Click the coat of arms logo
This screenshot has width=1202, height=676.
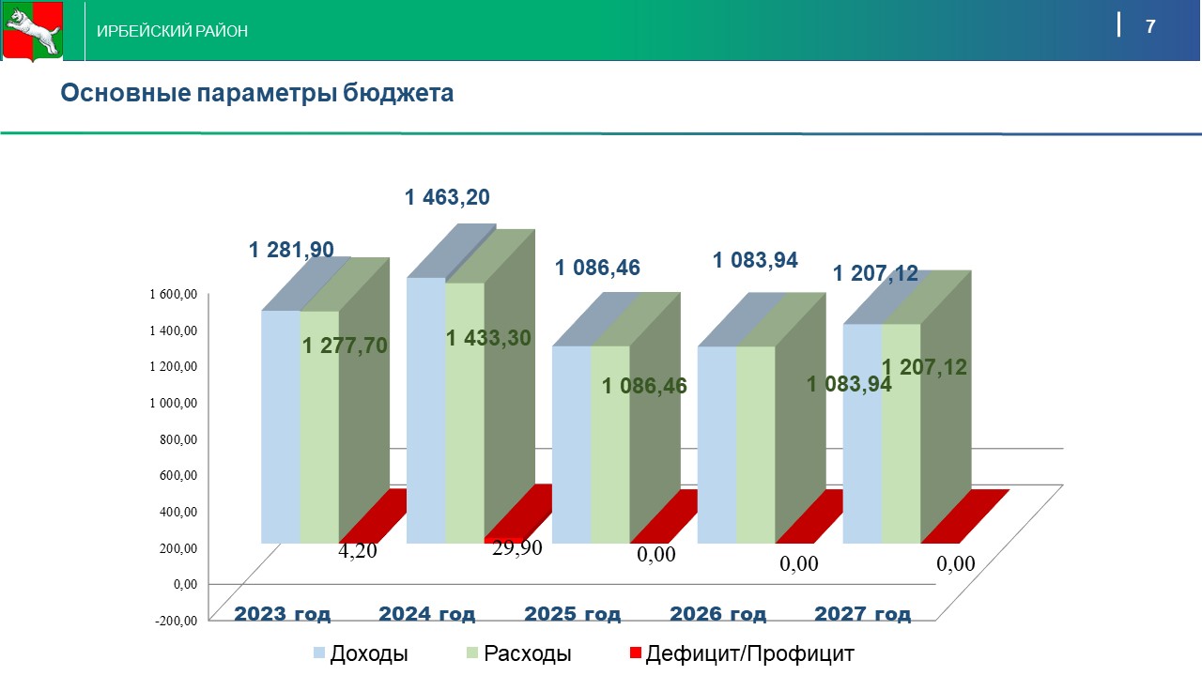[x=31, y=31]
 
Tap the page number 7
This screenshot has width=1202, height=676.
[x=1150, y=26]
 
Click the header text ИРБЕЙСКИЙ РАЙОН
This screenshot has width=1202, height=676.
[x=173, y=31]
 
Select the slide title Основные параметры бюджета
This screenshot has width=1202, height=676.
[x=257, y=93]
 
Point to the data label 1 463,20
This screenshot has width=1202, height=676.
[x=447, y=197]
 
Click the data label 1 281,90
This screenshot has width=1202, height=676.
[x=291, y=250]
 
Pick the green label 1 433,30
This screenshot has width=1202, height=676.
[x=489, y=338]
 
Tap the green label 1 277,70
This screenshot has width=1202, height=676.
[x=345, y=346]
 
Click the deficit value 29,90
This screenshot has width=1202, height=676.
[x=517, y=548]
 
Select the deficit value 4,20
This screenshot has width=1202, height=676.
[x=357, y=550]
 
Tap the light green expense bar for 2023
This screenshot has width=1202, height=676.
[x=319, y=427]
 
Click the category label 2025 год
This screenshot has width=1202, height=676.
[x=573, y=614]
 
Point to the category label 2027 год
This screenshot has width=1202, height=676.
[x=862, y=614]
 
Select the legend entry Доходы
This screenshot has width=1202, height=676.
[x=362, y=653]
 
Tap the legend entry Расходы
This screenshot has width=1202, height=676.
[x=518, y=653]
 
